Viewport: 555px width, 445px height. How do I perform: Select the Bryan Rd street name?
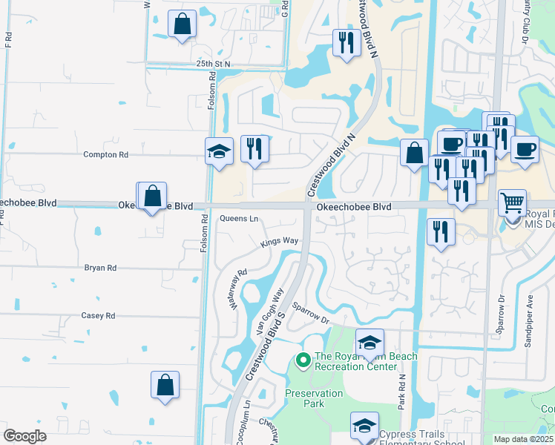[100, 268]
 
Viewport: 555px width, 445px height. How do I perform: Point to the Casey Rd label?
[99, 315]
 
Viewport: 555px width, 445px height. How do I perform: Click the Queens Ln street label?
[239, 219]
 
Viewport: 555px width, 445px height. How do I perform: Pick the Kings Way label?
[279, 242]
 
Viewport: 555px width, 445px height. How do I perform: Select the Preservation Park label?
[315, 398]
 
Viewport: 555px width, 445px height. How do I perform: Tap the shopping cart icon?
[513, 202]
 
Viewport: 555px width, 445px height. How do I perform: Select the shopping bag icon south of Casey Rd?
[165, 385]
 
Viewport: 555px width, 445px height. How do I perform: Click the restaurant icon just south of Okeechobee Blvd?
[441, 231]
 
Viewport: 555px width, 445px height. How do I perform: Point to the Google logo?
[25, 436]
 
